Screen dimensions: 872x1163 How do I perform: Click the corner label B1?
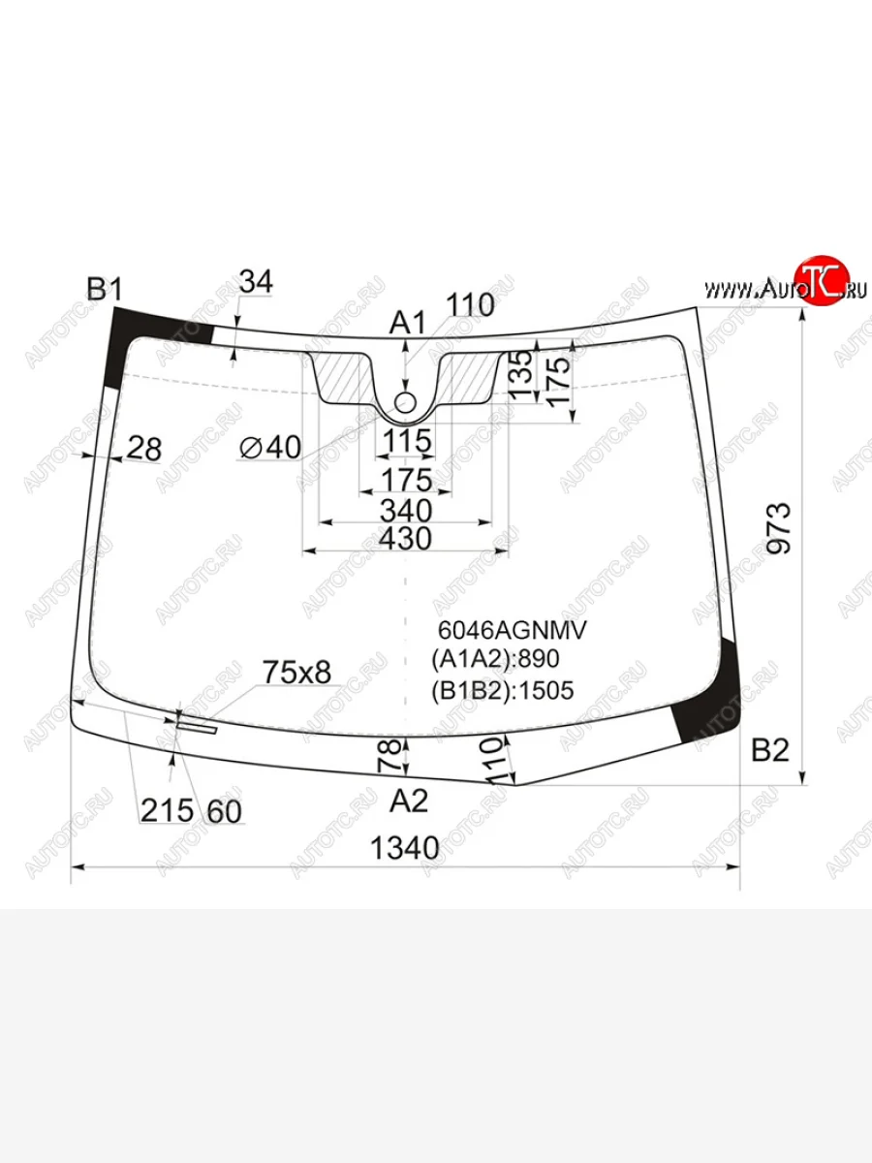(105, 289)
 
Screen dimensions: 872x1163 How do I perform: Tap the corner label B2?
(770, 750)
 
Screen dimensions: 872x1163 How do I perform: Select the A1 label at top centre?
(407, 323)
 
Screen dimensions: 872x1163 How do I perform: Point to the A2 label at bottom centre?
(409, 801)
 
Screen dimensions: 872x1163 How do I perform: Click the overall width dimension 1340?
(405, 848)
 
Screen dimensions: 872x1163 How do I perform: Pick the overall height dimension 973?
(779, 528)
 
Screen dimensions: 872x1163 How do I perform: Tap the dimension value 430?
(406, 539)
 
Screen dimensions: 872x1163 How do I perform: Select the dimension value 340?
(406, 511)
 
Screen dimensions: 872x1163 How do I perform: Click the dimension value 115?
(407, 440)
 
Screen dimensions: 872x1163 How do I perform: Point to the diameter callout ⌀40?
(270, 447)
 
